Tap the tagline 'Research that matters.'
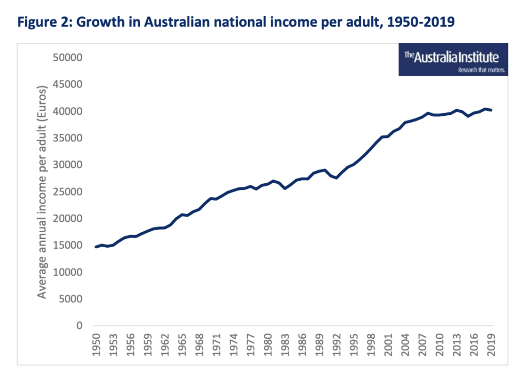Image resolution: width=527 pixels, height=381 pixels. tap(482, 70)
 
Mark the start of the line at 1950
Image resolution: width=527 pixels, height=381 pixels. tap(96, 247)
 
